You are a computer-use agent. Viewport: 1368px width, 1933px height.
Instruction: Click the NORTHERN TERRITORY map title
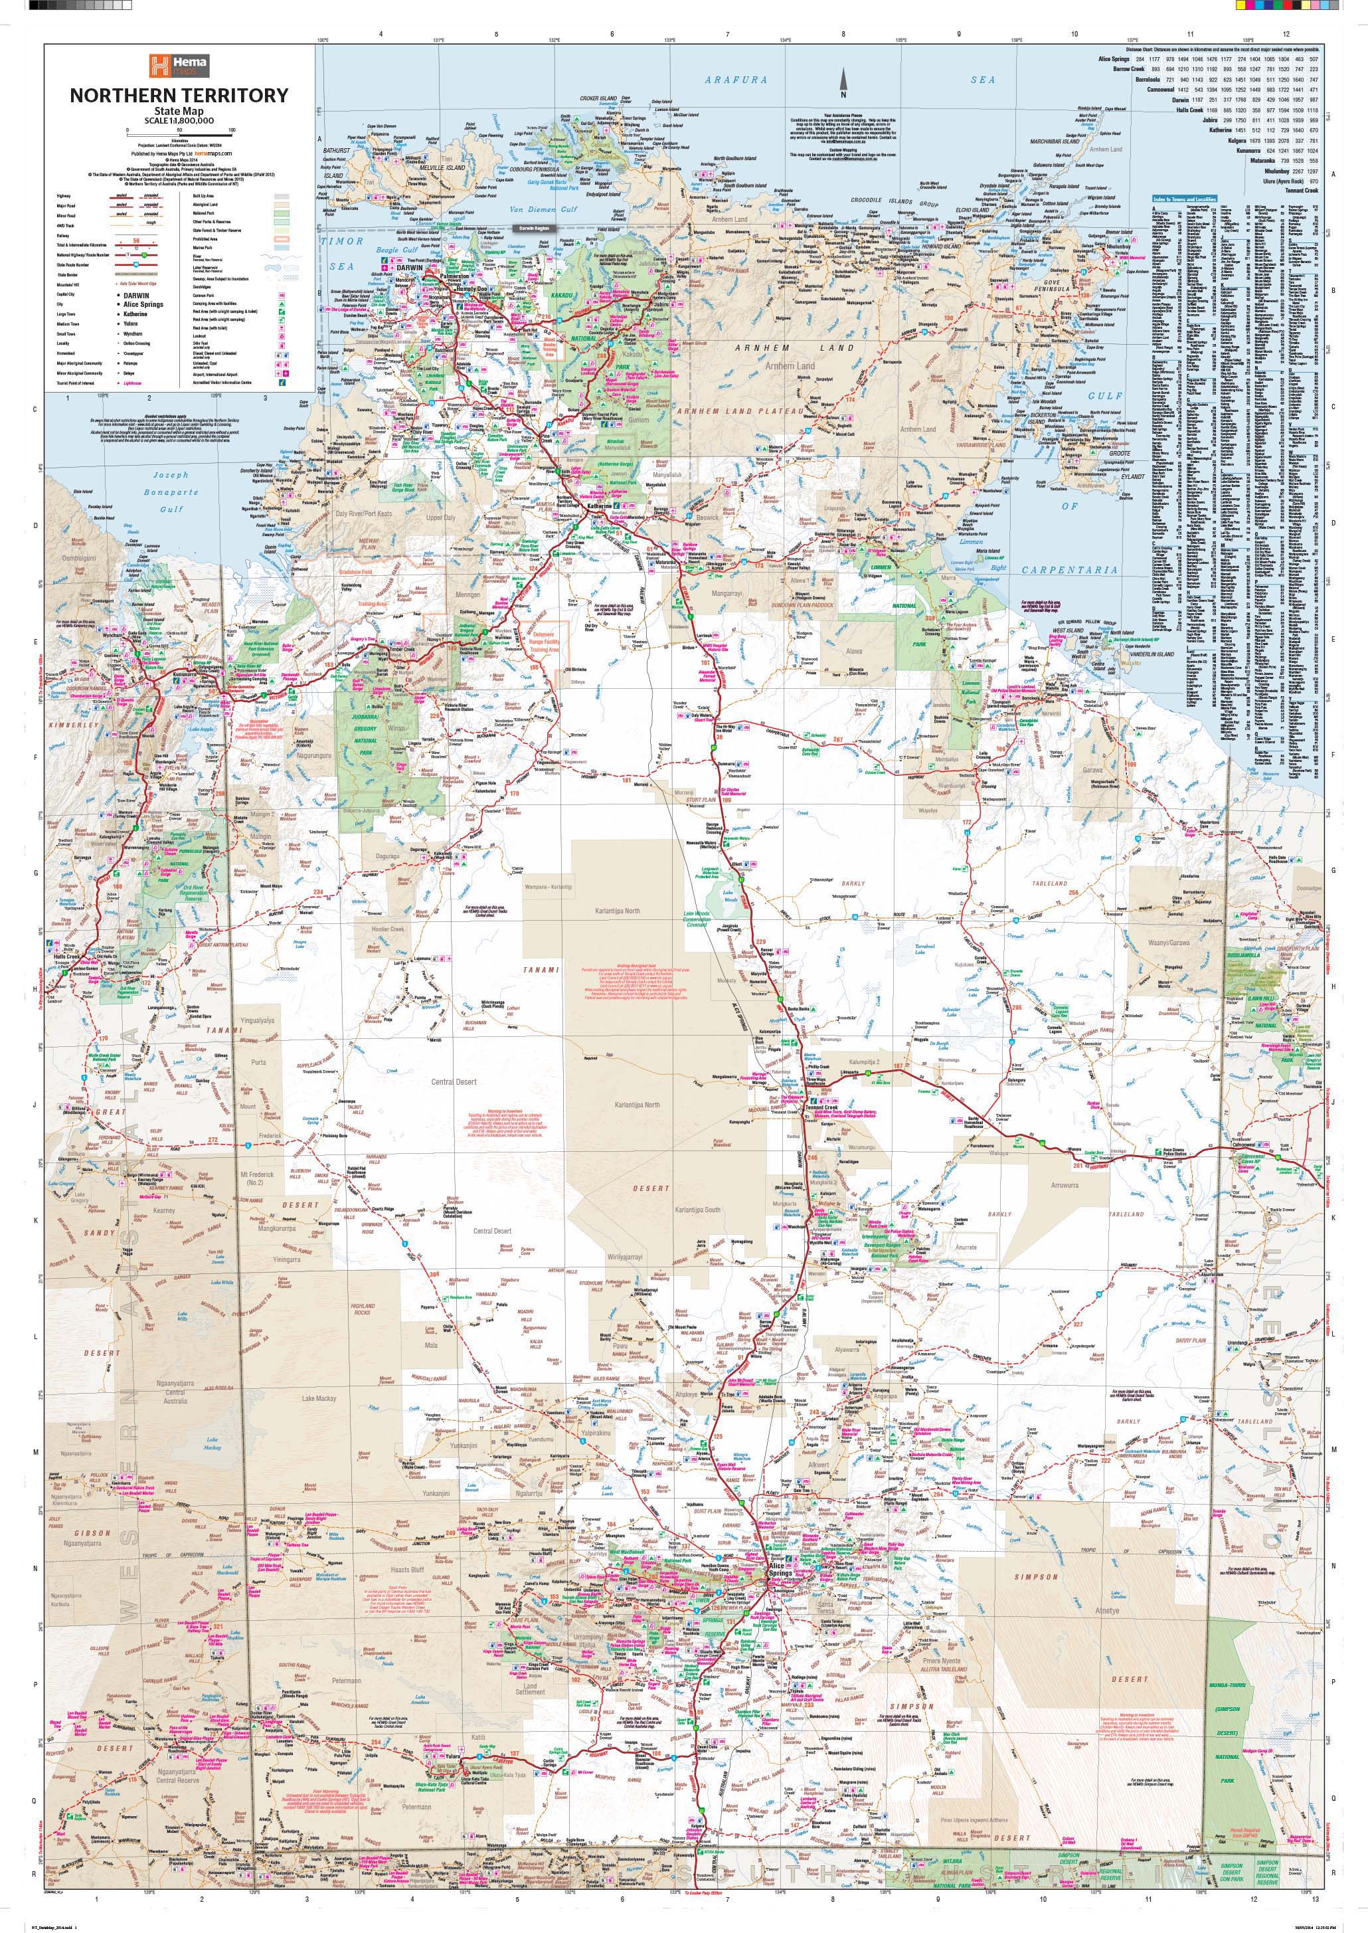(179, 95)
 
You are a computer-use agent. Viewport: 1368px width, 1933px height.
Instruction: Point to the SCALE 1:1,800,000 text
(179, 120)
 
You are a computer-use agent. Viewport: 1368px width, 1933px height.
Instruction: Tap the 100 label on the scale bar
(231, 130)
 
